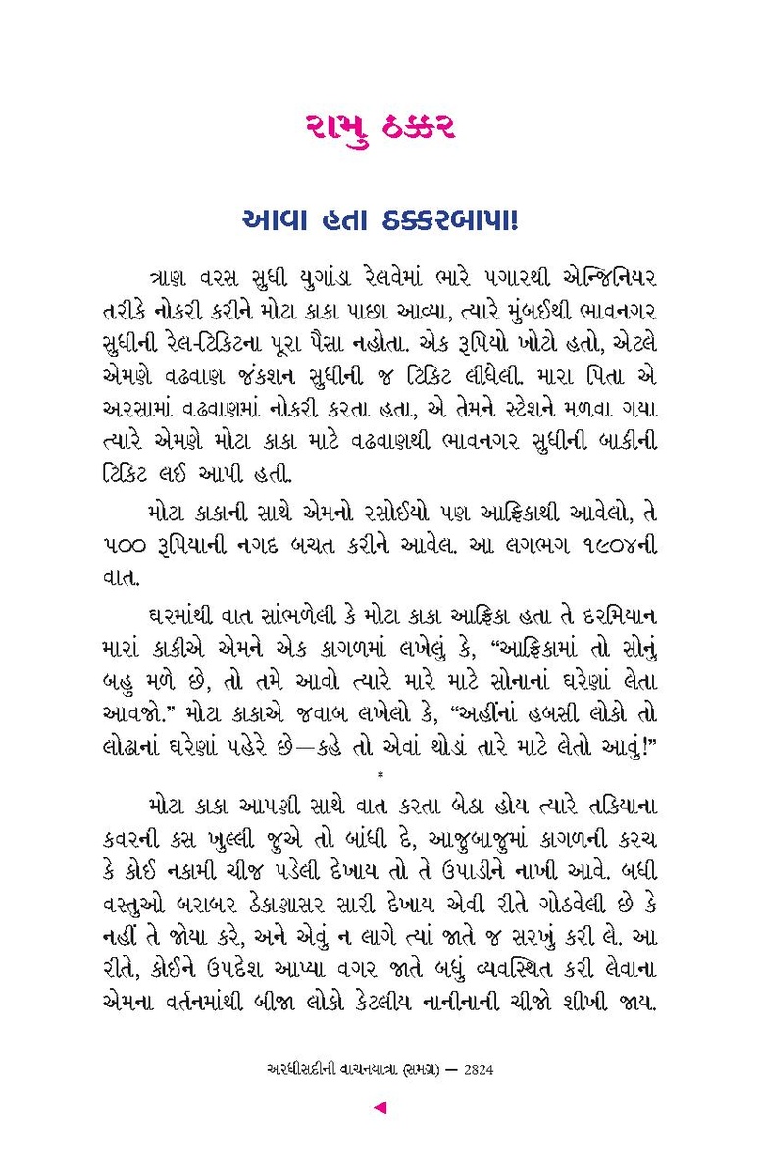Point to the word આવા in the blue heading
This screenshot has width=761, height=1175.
278,221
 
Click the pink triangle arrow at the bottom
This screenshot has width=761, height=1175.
380,1108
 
